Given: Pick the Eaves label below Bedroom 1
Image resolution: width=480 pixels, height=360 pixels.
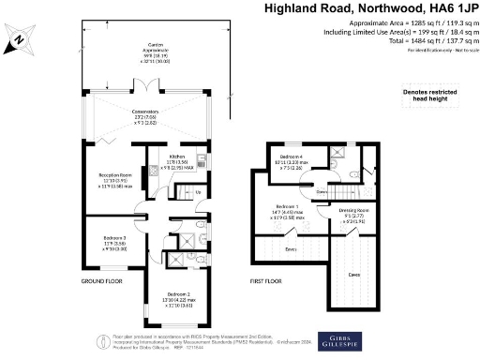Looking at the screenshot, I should click(x=292, y=248).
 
